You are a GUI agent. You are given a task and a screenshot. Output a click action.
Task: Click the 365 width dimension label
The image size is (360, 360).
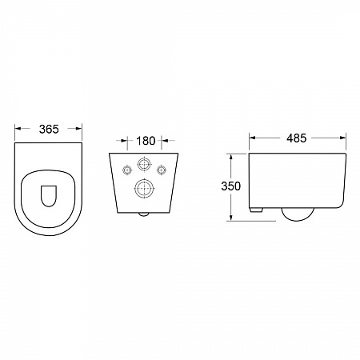49,129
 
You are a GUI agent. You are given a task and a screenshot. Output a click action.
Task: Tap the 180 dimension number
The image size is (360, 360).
146,141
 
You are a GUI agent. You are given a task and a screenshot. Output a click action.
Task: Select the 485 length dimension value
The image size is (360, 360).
297,138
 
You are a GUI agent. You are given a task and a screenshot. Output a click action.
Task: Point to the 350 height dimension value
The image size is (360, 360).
231,186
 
